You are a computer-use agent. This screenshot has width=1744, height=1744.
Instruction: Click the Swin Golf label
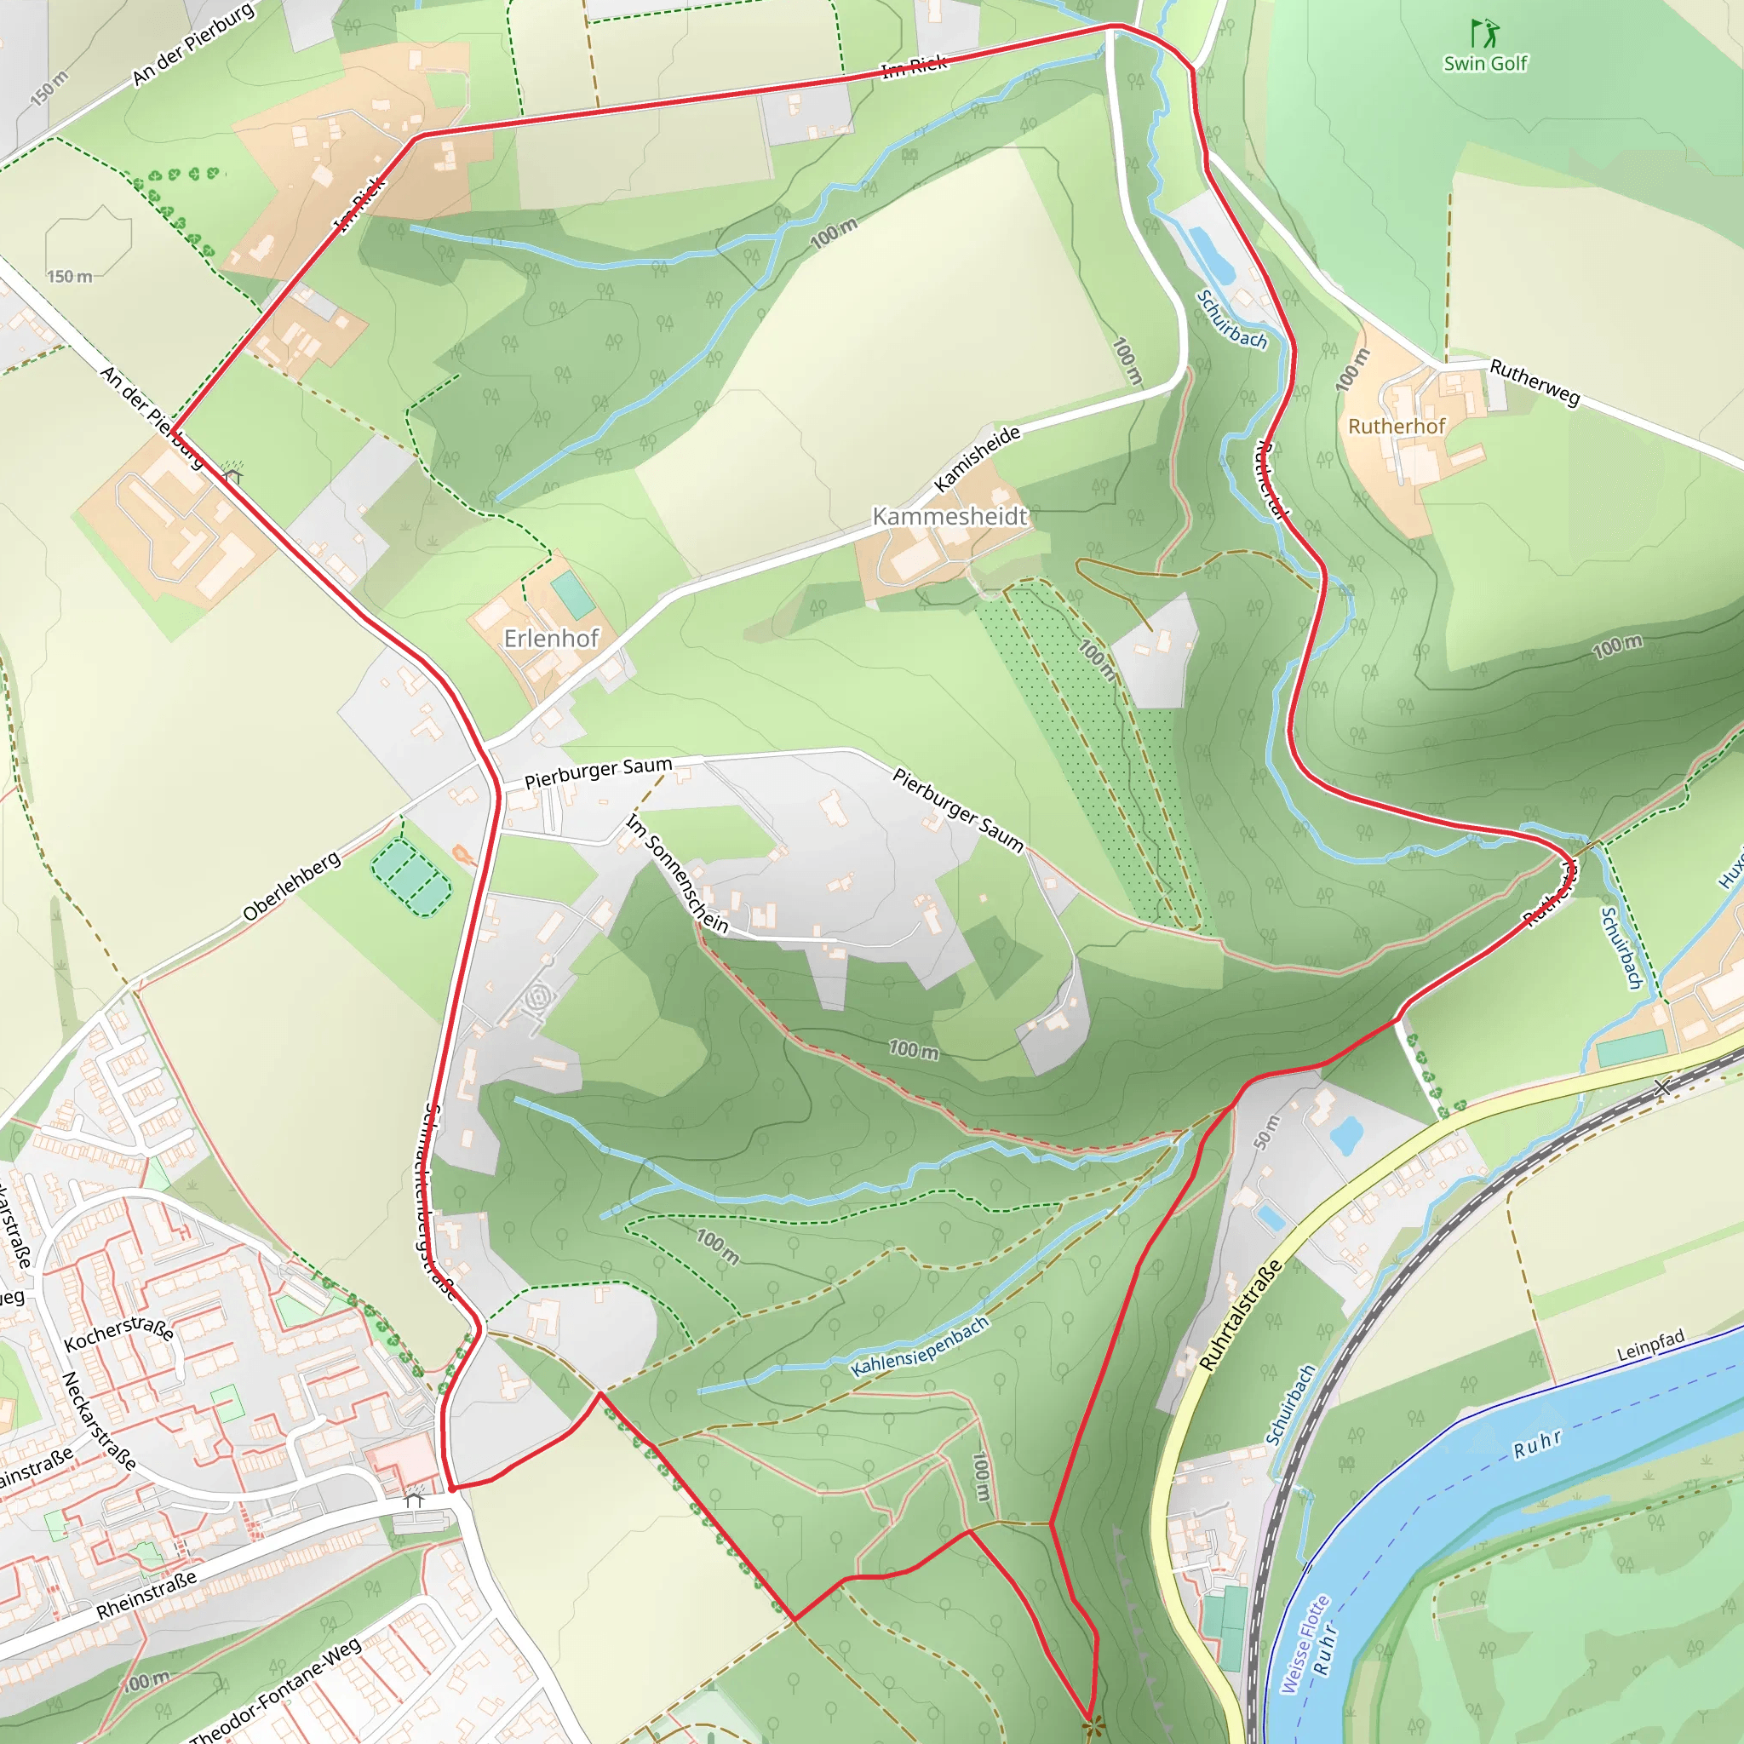1485,63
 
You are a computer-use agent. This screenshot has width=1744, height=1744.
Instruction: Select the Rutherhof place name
1397,426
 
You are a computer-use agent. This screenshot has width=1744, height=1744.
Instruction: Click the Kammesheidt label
949,516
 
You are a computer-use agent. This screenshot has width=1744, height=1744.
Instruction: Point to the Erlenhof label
551,638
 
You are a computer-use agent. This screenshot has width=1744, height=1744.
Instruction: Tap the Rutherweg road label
1535,381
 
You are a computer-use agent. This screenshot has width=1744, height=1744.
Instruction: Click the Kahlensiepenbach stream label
920,1347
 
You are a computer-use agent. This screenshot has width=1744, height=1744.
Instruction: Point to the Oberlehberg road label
291,886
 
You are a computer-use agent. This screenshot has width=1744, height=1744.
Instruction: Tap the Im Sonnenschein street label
677,873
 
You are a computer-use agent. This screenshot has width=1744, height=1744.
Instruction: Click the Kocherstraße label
119,1333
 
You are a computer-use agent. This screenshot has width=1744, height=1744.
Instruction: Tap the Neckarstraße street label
99,1422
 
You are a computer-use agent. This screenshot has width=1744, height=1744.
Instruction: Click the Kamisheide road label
977,459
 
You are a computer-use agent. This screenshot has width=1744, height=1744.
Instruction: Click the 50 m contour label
1266,1132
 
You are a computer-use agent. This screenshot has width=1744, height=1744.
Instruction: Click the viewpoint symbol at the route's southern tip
1092,1728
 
